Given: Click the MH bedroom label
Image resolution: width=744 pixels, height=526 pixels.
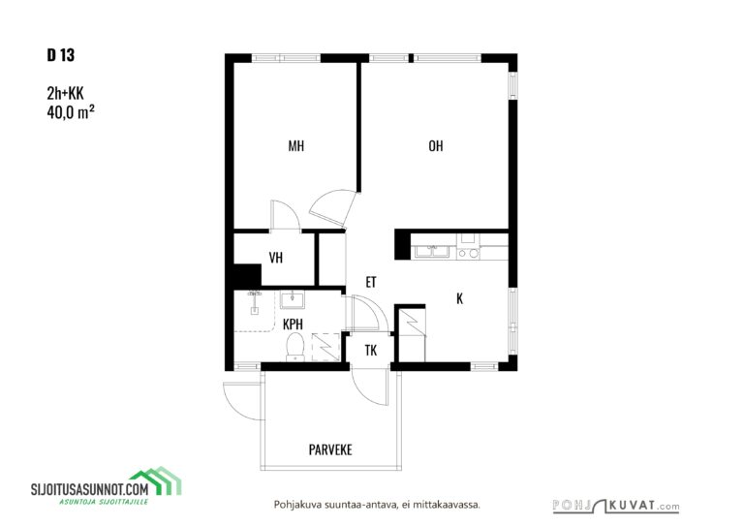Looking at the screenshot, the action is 296,145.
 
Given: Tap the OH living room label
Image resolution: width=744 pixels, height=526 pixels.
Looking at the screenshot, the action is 436,145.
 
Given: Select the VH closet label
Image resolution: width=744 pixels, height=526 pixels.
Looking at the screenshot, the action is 276,258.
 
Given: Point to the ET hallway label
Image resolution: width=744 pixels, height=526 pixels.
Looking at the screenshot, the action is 371,282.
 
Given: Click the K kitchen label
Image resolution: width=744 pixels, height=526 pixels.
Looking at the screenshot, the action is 459,298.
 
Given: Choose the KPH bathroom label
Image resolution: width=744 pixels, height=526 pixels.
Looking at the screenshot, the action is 293,324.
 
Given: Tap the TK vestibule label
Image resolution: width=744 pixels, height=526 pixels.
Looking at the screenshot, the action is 371,351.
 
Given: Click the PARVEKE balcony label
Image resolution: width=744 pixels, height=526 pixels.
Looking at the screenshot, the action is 330,449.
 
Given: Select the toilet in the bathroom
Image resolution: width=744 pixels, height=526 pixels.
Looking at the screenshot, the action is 295,346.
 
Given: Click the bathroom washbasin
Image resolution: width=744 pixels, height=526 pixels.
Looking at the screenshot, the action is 292,299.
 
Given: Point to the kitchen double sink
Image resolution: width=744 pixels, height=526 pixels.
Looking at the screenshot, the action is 432,252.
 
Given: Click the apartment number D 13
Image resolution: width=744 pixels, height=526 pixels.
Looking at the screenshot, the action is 61,55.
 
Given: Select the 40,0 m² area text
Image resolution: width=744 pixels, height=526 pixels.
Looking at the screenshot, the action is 70,112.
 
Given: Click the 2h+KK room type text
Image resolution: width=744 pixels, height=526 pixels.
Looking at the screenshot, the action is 65,93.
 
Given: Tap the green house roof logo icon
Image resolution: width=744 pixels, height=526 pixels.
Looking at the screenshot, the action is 156,480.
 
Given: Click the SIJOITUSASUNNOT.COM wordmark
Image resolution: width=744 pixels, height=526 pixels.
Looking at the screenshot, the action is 90,489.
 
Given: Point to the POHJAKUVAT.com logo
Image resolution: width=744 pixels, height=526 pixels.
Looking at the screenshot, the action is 616,506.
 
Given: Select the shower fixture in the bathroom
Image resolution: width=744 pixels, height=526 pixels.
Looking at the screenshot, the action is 255,301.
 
